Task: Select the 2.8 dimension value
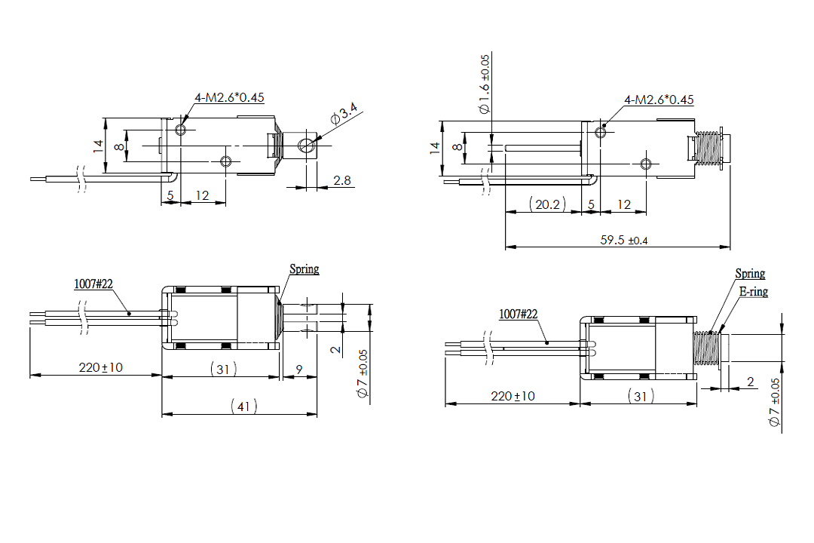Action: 341,180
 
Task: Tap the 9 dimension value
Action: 299,369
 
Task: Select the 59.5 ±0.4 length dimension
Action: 625,240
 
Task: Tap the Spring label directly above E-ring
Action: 750,274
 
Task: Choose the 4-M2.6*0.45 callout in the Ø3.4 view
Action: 229,97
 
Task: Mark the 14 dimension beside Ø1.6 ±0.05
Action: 435,149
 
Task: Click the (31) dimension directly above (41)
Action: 221,369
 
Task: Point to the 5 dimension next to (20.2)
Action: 591,204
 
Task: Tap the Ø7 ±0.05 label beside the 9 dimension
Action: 363,374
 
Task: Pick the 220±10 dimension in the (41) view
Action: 101,367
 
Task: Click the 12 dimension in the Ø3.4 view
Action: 202,195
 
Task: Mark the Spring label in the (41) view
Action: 304,268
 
